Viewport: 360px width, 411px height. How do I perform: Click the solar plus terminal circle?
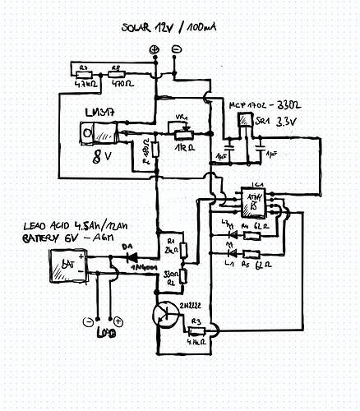(x=154, y=50)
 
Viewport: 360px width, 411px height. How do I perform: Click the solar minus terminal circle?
(x=175, y=50)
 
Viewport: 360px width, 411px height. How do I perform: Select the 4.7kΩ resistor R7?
(x=84, y=75)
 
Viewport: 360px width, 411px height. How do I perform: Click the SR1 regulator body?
(x=244, y=121)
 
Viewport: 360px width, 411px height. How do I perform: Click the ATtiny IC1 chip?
(x=254, y=203)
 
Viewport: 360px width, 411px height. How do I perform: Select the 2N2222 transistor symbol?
(x=164, y=313)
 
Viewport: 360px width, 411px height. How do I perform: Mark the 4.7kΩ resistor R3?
(x=196, y=331)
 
